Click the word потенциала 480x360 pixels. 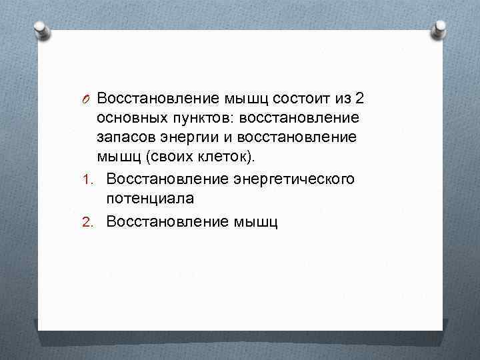pos(150,198)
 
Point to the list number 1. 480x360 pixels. pos(91,180)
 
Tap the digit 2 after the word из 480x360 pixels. pos(360,99)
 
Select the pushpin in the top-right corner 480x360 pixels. pos(439,29)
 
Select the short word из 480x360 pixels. pos(343,99)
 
